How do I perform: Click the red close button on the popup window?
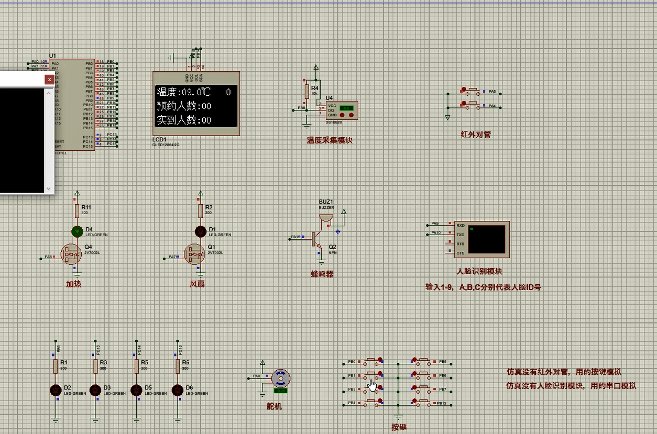click(x=49, y=80)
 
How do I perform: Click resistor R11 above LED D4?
click(x=77, y=210)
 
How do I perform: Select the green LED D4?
click(x=77, y=231)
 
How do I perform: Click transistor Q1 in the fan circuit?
click(x=194, y=254)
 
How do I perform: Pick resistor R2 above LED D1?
click(x=200, y=210)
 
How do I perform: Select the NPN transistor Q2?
click(x=317, y=239)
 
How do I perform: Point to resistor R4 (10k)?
click(x=307, y=92)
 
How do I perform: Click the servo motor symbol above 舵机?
click(x=281, y=378)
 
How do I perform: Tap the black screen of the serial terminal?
click(x=487, y=239)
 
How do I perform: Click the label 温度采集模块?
click(x=330, y=140)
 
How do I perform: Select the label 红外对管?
click(x=476, y=135)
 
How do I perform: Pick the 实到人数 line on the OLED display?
click(x=184, y=120)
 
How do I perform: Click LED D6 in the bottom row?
click(x=178, y=390)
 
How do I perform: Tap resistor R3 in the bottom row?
click(x=96, y=366)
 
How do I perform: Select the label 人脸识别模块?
click(x=479, y=271)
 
